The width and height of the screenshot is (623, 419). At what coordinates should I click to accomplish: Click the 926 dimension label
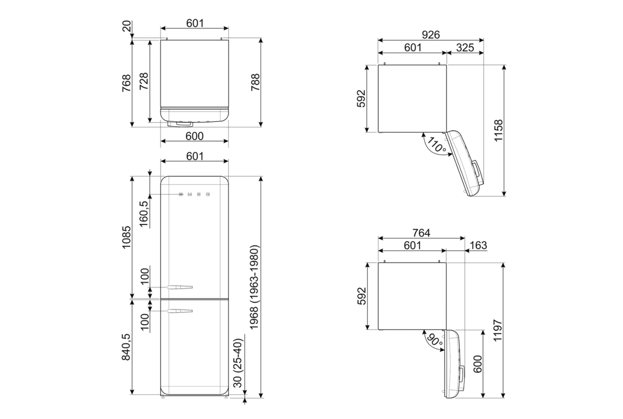coord(430,35)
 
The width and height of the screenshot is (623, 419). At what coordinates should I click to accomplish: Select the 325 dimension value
coord(464,48)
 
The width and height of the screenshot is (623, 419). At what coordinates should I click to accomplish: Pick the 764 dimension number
coord(421,233)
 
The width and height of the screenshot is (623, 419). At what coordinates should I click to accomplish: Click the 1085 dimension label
coord(126,238)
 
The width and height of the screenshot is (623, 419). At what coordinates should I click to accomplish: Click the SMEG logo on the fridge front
coord(194,195)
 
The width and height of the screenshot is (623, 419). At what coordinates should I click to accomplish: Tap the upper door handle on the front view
coord(180,287)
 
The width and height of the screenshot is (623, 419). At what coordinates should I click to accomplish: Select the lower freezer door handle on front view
coord(180,311)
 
